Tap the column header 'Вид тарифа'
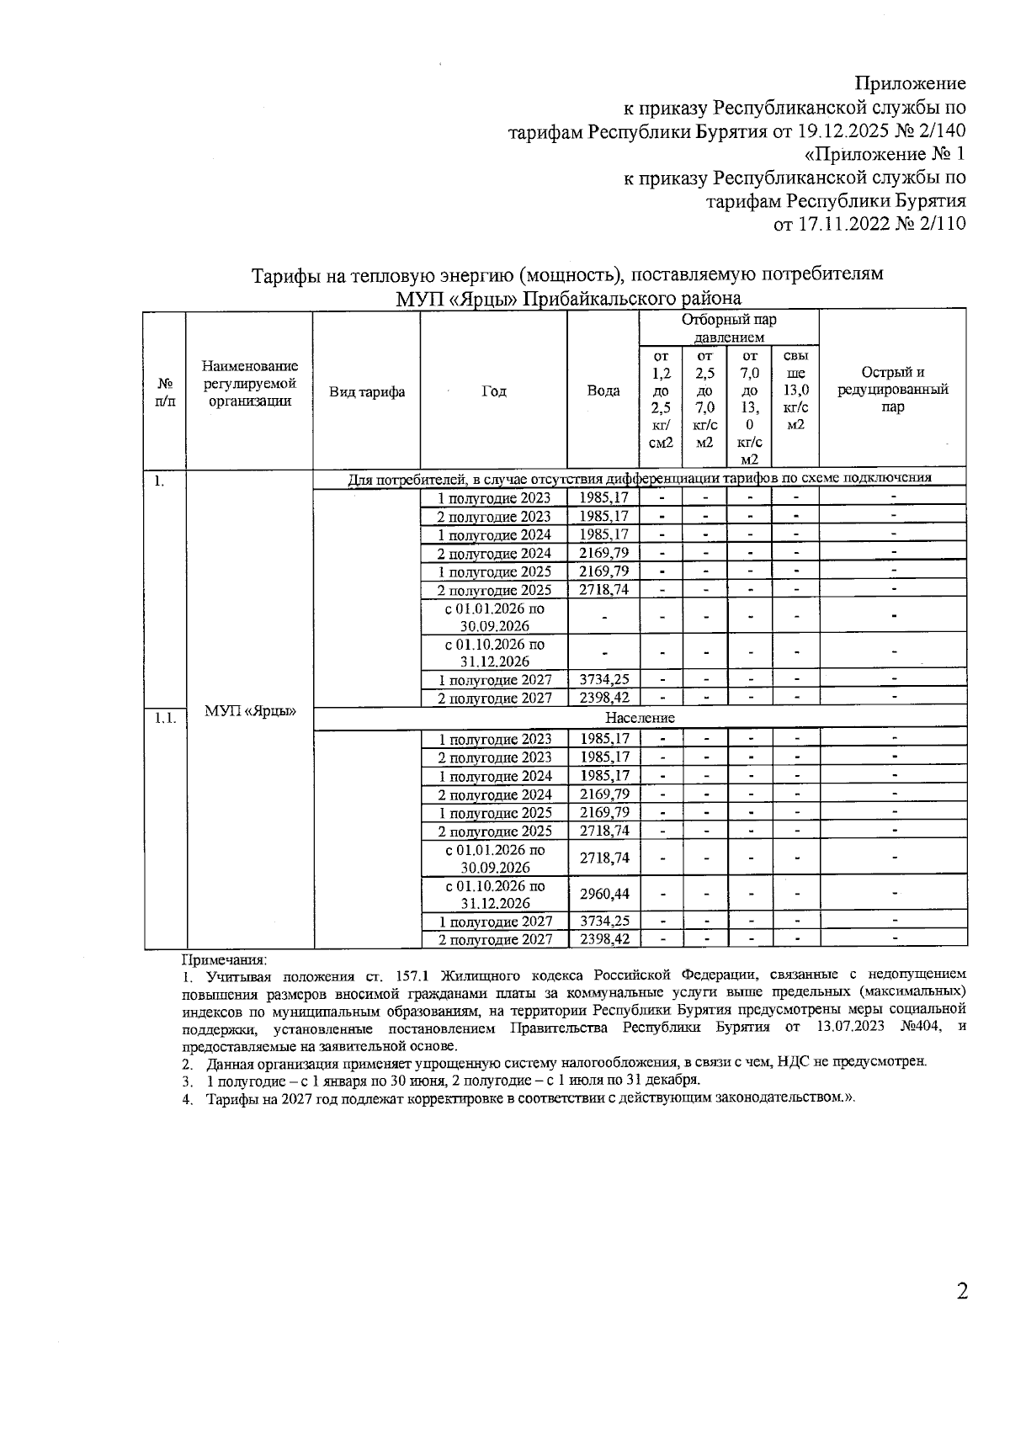[x=366, y=391]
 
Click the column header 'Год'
[x=494, y=391]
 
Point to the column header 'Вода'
[x=603, y=391]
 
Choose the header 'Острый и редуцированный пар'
[x=893, y=390]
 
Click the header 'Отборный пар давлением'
[x=729, y=328]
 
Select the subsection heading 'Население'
[x=640, y=718]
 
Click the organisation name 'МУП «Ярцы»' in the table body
[x=250, y=711]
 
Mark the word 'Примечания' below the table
[x=224, y=959]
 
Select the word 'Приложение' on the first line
[x=910, y=83]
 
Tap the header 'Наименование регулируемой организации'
[x=250, y=383]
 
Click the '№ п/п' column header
[x=164, y=391]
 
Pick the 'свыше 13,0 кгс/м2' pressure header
[x=795, y=390]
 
